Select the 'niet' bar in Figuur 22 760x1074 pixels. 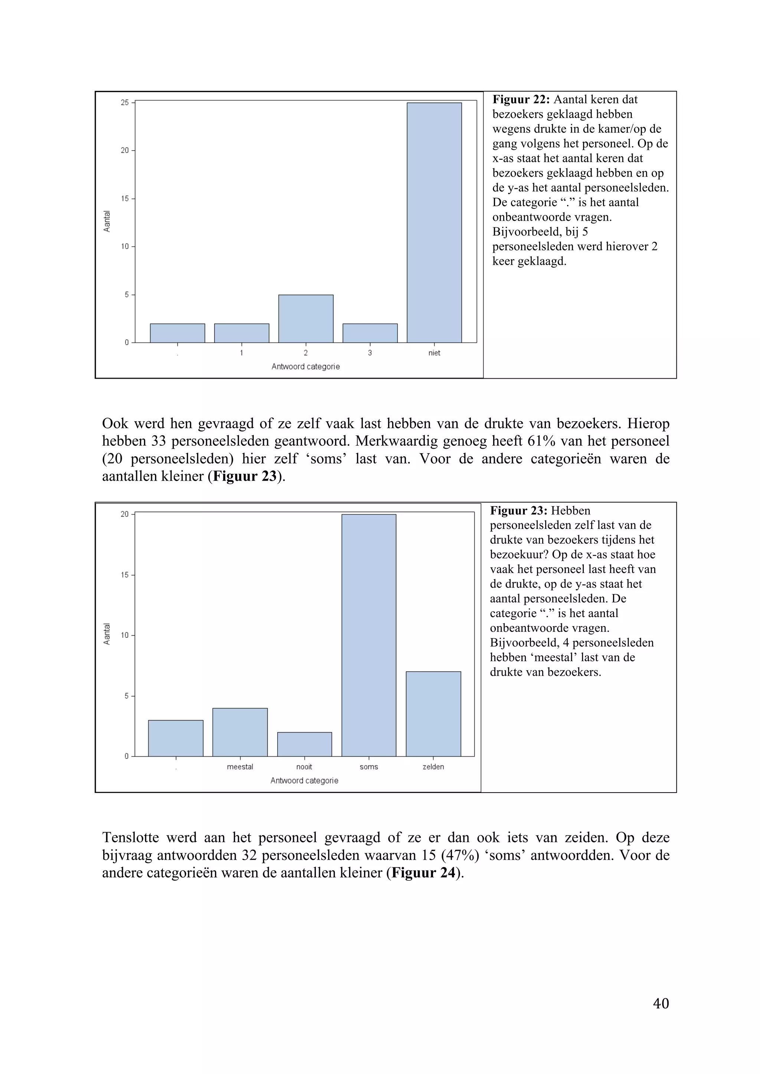coord(434,222)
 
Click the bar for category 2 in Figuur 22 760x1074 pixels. coord(305,319)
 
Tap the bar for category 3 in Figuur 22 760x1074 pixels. coord(370,333)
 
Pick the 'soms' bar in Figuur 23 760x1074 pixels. coord(369,635)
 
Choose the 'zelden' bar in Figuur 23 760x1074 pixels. coord(433,714)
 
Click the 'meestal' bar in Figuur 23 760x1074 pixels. coord(240,732)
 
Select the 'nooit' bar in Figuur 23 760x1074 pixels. coord(304,744)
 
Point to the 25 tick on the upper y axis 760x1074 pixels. coord(125,102)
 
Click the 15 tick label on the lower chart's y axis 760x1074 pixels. coord(124,575)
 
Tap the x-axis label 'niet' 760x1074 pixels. coord(434,353)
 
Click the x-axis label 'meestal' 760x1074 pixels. coord(240,767)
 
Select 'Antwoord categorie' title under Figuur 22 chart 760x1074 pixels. coord(305,367)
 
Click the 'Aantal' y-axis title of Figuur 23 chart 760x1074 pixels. coord(107,634)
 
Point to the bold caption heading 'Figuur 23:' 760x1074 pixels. coord(518,511)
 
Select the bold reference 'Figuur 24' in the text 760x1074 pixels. coord(423,873)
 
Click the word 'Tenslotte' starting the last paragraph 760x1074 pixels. coord(130,837)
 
